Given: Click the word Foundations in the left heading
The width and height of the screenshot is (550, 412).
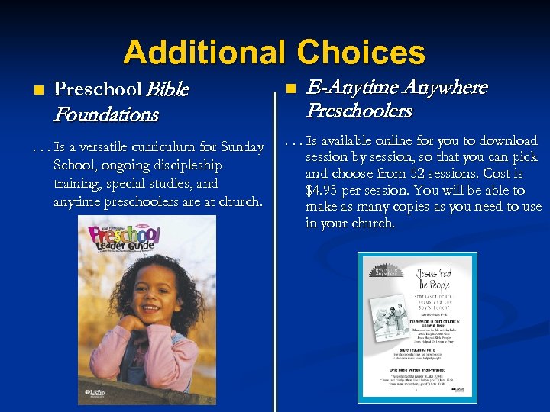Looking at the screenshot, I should [x=106, y=115].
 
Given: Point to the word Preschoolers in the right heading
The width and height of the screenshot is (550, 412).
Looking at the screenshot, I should [x=359, y=111].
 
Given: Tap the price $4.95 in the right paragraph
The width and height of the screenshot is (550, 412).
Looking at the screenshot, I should [x=324, y=190].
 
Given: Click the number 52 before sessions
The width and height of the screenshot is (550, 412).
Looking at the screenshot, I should [x=432, y=174].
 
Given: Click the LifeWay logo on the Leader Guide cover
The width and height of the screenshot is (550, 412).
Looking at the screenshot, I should [x=89, y=395].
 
